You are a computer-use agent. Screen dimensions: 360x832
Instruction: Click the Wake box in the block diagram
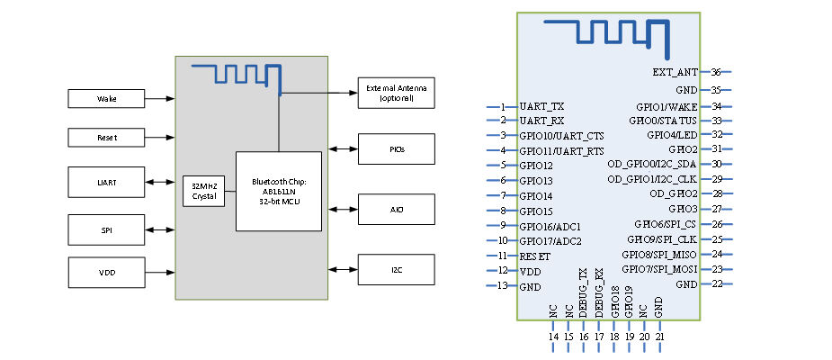tap(107, 98)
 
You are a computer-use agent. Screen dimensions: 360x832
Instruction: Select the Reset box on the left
tap(107, 138)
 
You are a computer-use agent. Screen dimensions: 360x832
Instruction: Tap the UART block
tap(107, 183)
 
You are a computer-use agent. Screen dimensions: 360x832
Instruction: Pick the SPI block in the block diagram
tap(107, 230)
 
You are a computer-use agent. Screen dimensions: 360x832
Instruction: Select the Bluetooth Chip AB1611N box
tap(278, 192)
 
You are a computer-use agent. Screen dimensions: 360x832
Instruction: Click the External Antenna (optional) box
tap(397, 92)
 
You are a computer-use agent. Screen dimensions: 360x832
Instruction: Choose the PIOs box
tap(397, 148)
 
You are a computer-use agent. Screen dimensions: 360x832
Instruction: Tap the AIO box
tap(397, 209)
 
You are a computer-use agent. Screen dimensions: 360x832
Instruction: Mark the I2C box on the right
tap(397, 269)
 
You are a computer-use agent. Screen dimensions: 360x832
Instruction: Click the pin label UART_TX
tap(542, 106)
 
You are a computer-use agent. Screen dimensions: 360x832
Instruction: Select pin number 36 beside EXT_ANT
tap(716, 72)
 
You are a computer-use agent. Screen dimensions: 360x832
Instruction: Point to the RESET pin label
tap(535, 256)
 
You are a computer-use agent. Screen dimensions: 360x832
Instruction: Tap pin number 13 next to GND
tap(503, 286)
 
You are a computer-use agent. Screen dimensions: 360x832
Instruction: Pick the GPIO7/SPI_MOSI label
tap(659, 269)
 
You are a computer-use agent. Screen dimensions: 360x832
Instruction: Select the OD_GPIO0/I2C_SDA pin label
tap(652, 164)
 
